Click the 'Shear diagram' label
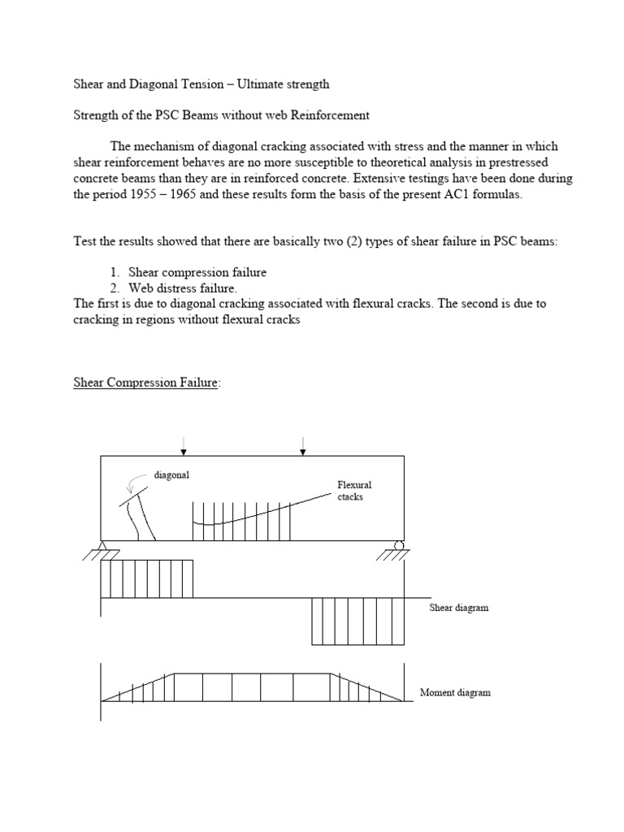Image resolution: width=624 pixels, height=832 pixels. tap(459, 608)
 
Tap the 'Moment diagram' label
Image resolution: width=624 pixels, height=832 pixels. tap(455, 693)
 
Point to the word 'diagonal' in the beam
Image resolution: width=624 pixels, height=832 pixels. tap(171, 476)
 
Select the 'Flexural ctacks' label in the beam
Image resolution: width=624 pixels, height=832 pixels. tap(354, 491)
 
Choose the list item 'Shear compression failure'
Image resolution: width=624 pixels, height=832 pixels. tap(197, 272)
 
